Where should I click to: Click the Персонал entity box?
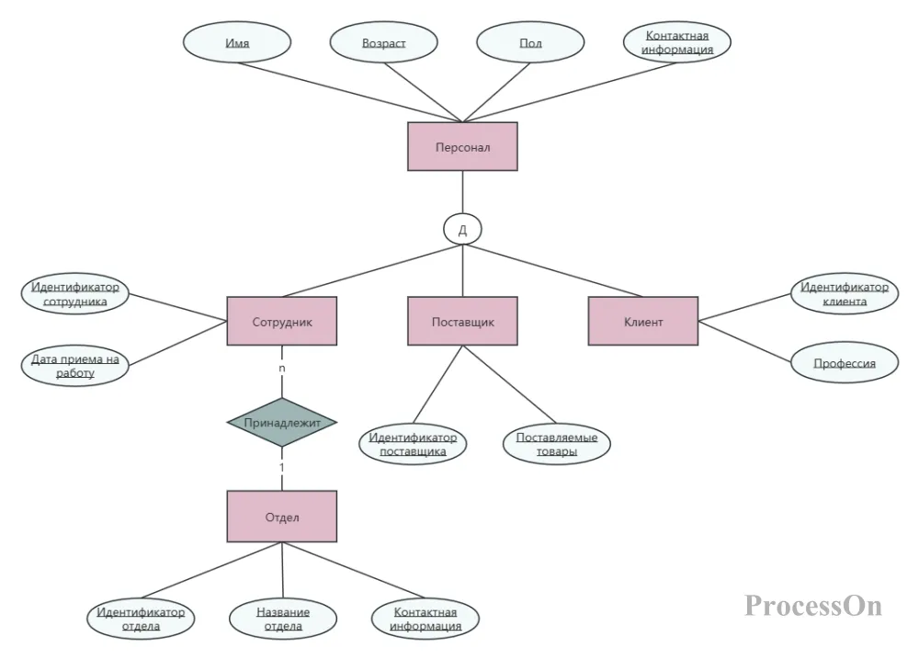[x=462, y=146]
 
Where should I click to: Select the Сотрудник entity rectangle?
[x=282, y=321]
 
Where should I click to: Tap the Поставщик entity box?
[x=462, y=321]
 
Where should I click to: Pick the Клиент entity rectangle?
[x=643, y=321]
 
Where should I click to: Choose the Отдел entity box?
[x=282, y=517]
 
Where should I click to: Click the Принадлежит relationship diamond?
[x=282, y=422]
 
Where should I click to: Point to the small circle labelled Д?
[x=462, y=229]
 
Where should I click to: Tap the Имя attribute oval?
[x=237, y=42]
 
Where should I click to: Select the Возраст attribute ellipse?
[x=384, y=42]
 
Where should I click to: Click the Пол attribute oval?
[x=530, y=42]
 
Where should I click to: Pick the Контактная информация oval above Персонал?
[x=677, y=42]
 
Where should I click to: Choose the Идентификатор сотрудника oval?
[x=75, y=293]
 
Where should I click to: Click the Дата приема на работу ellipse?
[x=75, y=366]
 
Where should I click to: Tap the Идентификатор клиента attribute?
[x=845, y=293]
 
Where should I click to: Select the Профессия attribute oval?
[x=845, y=363]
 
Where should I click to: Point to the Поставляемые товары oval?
[x=557, y=444]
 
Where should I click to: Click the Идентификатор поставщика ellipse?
[x=413, y=444]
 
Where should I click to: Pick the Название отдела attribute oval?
[x=283, y=619]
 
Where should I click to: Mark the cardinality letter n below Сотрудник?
[x=282, y=368]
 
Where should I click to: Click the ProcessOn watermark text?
[x=813, y=605]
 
